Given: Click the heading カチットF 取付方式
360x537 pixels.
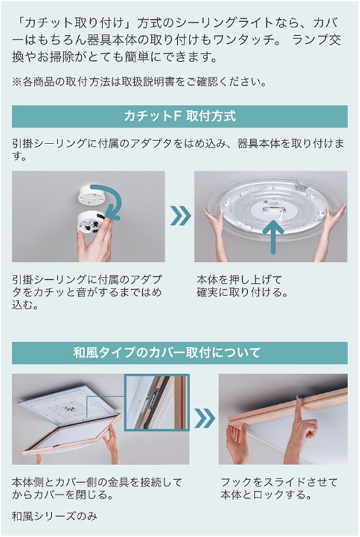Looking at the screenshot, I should coord(179,116).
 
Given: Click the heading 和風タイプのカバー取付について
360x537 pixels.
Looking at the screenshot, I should coord(179,353).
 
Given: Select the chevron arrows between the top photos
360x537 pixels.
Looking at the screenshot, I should coord(180,217).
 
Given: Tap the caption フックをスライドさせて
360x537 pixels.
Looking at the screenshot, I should coord(279,481).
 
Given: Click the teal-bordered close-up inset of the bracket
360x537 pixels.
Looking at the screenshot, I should coord(156,402).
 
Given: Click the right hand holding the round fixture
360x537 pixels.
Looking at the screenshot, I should coord(334,219).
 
